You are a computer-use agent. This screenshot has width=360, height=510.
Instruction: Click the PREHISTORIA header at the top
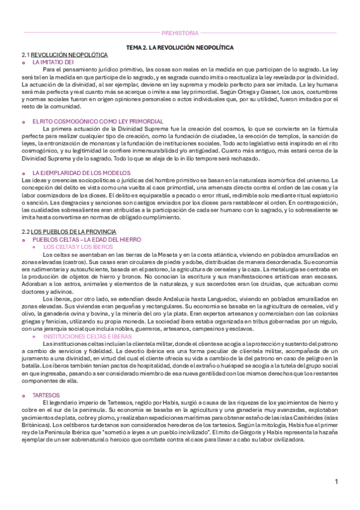[180, 32]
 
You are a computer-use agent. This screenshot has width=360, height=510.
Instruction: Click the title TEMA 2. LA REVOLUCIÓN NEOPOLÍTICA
[180, 46]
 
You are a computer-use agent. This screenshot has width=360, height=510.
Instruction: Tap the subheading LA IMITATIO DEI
[53, 61]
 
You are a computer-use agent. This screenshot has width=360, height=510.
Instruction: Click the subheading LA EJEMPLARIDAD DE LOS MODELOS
[72, 172]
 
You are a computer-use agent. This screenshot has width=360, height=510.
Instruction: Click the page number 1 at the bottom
[337, 481]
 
